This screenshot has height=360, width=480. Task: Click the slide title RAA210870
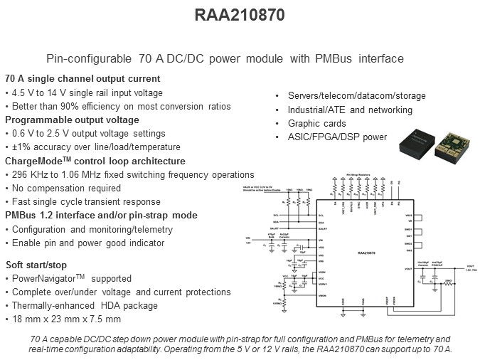tap(240, 14)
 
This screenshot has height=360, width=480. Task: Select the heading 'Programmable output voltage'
tap(73, 120)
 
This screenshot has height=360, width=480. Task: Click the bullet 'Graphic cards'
tap(318, 123)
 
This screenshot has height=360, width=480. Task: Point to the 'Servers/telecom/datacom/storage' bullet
tap(357, 96)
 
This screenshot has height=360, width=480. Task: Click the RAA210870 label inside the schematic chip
tap(371, 252)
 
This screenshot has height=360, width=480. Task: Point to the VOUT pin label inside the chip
tap(407, 269)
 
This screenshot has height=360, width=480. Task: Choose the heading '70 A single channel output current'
tap(82, 79)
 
